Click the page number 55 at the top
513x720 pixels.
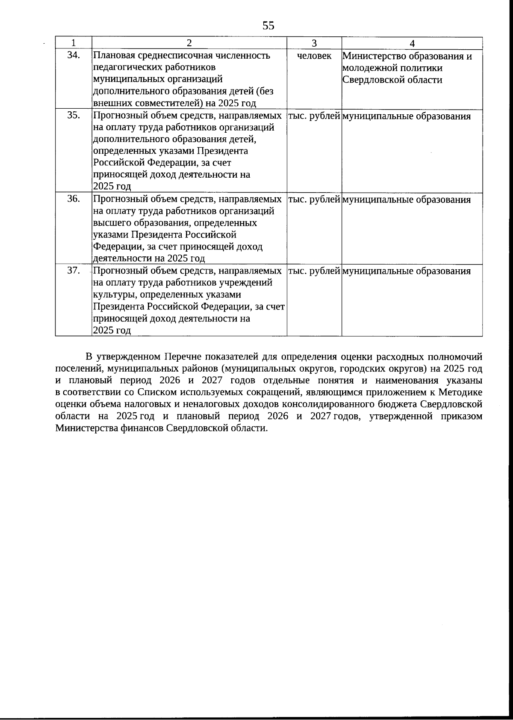tap(268, 26)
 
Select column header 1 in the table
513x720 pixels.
tap(74, 43)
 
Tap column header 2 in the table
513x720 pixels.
tap(189, 43)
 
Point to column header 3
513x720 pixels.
tap(314, 43)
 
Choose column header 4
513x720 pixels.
tap(412, 43)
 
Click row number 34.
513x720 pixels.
tap(74, 55)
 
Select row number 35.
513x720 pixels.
tap(74, 115)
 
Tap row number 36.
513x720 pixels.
tap(74, 199)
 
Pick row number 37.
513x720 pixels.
tap(74, 270)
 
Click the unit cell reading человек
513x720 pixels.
tap(314, 56)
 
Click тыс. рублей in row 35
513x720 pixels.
tap(314, 116)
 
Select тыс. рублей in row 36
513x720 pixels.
tap(314, 199)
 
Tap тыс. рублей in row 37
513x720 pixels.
tap(314, 271)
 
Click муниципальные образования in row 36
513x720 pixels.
tap(407, 199)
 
